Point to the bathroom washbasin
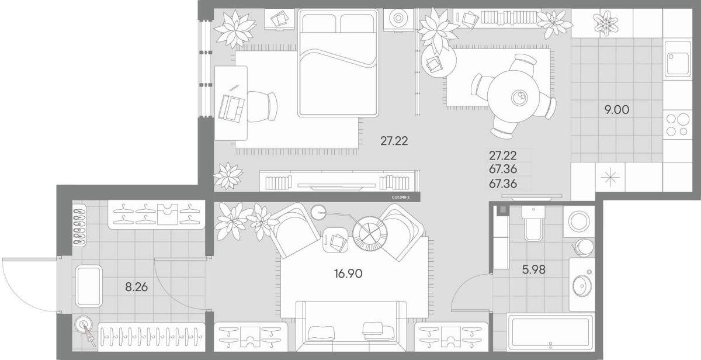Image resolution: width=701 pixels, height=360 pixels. (x=582, y=286)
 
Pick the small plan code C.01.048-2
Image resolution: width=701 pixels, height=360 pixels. (x=400, y=198)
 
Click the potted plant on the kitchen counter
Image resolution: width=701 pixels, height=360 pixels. (x=605, y=23)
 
